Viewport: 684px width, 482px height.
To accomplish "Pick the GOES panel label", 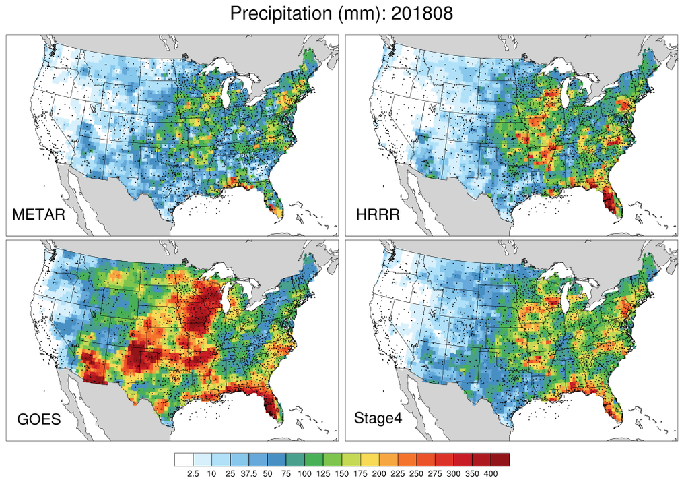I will tap(39, 419).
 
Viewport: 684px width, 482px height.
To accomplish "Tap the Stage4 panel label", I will tap(380, 419).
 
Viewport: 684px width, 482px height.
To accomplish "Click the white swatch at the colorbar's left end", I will tap(183, 460).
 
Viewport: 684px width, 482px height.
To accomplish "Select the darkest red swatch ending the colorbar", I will tap(500, 460).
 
